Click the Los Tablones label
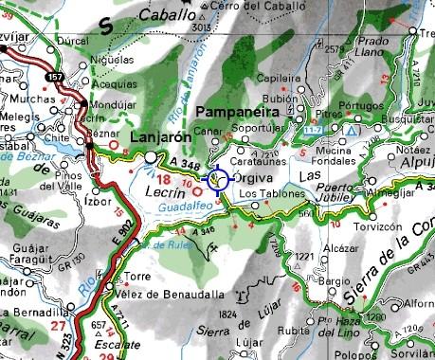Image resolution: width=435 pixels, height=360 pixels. pyautogui.click(x=272, y=194)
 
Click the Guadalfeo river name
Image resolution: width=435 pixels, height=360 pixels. pyautogui.click(x=181, y=205)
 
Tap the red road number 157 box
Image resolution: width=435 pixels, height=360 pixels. pyautogui.click(x=57, y=74)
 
